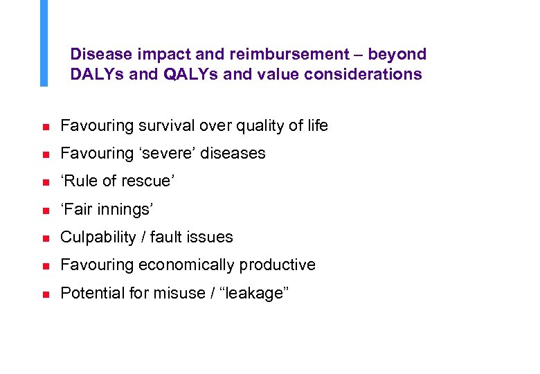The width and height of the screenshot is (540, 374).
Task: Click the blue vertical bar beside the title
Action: tap(44, 43)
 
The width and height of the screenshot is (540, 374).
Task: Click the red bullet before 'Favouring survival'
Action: tap(43, 127)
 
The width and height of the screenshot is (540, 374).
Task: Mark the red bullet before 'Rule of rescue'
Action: tap(43, 183)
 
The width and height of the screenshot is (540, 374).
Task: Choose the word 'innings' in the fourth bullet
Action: tap(123, 209)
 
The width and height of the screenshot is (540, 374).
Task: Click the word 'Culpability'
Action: tap(98, 237)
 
